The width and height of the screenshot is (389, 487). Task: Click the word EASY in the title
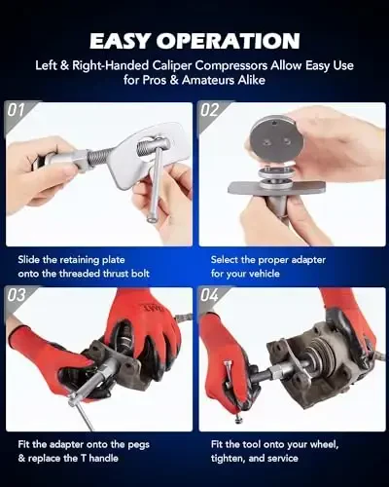[125, 41]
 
